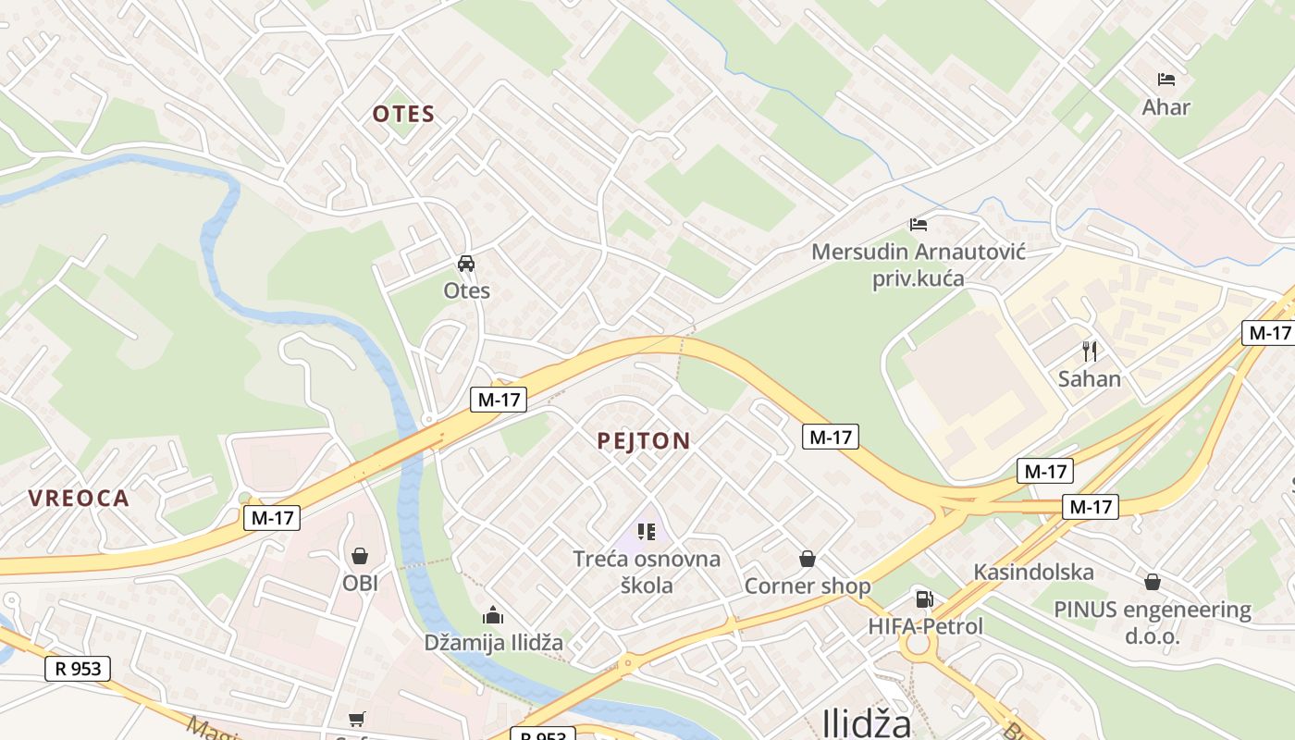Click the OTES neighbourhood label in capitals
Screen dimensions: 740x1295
click(x=403, y=115)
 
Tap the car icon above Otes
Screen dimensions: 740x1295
click(x=466, y=264)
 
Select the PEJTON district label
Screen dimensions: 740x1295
click(x=644, y=441)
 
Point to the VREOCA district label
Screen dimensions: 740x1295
click(x=79, y=499)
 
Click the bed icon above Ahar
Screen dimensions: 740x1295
click(x=1165, y=80)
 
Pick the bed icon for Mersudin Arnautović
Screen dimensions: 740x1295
click(x=918, y=224)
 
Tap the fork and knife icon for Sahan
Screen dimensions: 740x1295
click(x=1090, y=351)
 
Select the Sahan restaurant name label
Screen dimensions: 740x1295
click(x=1090, y=379)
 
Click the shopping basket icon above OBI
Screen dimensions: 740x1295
click(x=360, y=556)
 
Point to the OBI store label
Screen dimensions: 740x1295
click(x=360, y=584)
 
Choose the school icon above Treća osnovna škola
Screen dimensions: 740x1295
click(x=647, y=532)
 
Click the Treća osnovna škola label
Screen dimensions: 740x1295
click(x=647, y=572)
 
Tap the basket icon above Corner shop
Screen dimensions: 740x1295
click(x=808, y=559)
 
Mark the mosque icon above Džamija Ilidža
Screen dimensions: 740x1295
click(x=493, y=615)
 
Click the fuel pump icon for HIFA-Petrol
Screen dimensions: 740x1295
click(x=923, y=598)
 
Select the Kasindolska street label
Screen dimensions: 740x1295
click(x=1033, y=573)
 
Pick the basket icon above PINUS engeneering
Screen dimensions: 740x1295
click(x=1153, y=582)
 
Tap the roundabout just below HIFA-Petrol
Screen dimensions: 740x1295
click(x=918, y=644)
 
